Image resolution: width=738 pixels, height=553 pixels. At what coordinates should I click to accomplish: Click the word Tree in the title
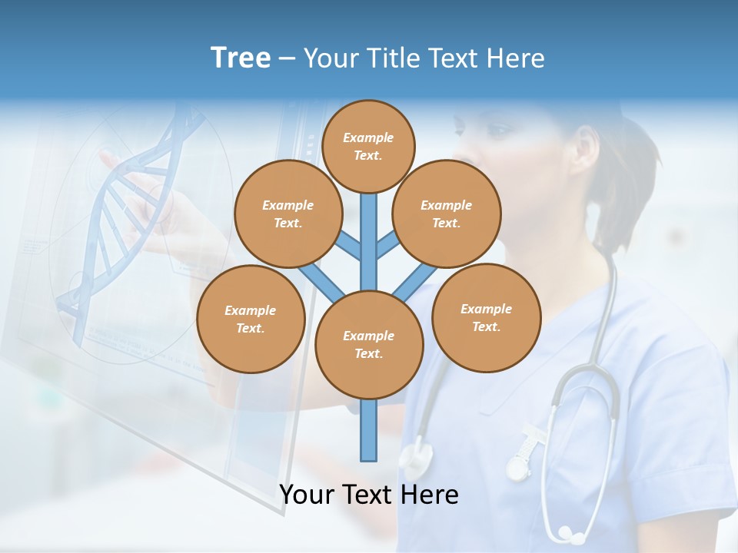(x=241, y=58)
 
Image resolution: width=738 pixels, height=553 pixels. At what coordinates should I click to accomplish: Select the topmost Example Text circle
(x=368, y=146)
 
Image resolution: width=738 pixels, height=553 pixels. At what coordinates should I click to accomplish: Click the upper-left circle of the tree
(x=288, y=214)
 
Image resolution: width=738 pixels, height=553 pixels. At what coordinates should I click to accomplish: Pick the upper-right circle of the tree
(x=447, y=214)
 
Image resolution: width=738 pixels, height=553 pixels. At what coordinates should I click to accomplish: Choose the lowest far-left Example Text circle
(x=251, y=319)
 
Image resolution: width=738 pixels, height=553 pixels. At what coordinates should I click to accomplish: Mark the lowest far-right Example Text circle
(x=487, y=317)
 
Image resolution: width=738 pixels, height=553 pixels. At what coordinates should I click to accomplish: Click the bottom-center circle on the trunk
(x=369, y=344)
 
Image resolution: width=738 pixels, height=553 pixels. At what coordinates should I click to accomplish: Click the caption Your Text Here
(x=369, y=495)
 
